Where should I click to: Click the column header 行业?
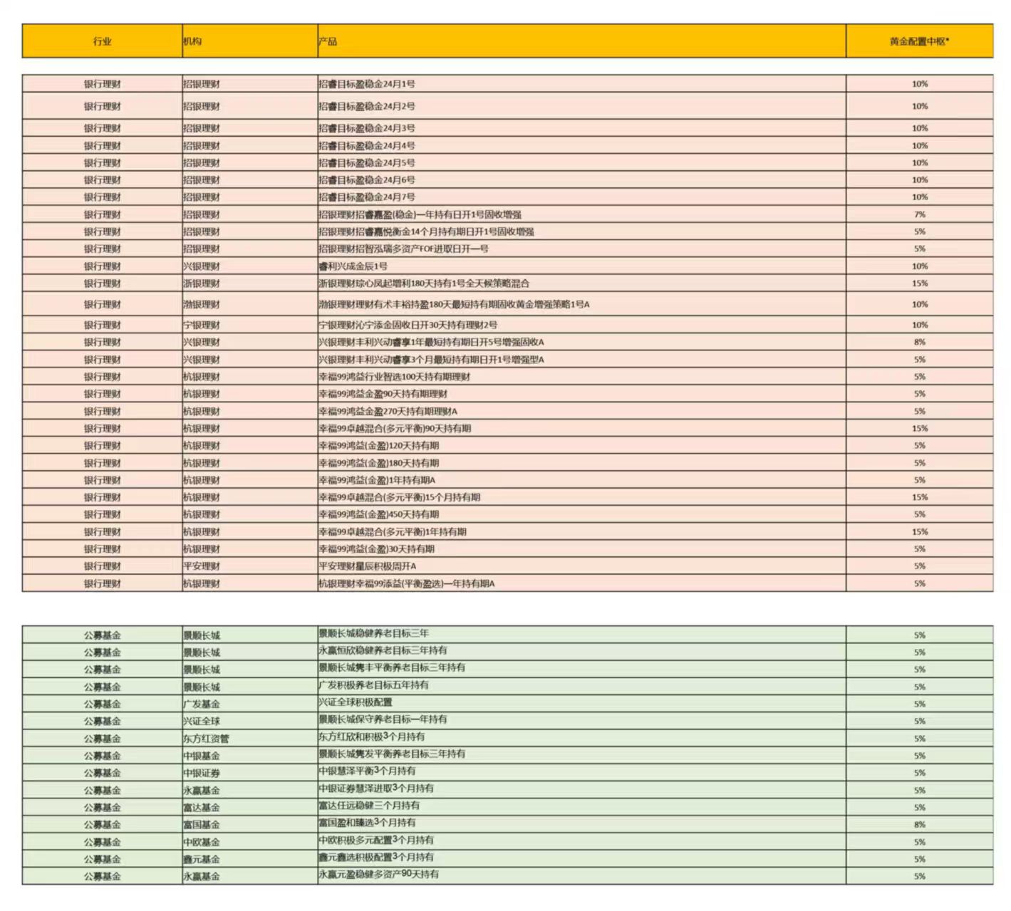(x=102, y=41)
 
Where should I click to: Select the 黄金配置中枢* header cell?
(x=919, y=41)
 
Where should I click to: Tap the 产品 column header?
(x=328, y=41)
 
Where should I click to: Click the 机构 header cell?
(x=192, y=41)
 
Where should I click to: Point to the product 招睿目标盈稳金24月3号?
(x=367, y=128)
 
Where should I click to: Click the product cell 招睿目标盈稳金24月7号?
(x=367, y=197)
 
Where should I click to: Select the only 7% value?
(x=920, y=214)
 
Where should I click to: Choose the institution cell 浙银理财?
(x=202, y=283)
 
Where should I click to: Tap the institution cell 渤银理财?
(x=202, y=304)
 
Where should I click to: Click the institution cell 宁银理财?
(x=202, y=325)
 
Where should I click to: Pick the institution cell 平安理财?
(x=202, y=566)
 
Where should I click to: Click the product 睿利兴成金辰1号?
(x=353, y=266)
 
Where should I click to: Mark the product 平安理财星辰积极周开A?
(x=368, y=566)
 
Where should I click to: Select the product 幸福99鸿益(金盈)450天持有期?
(x=379, y=514)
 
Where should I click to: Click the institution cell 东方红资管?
(x=206, y=739)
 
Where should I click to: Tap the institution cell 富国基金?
(x=202, y=825)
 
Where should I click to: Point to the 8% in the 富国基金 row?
(x=920, y=825)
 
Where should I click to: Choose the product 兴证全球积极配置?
(x=356, y=702)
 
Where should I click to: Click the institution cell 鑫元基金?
(x=202, y=859)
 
